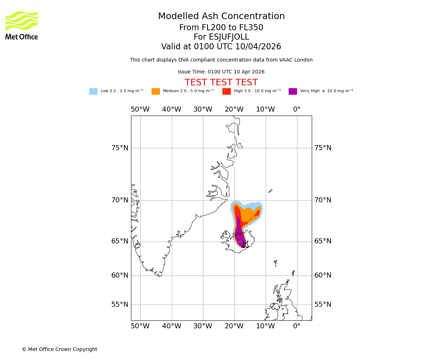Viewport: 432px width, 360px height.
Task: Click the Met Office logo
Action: (22, 25)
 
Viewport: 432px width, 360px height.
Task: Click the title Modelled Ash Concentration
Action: (221, 16)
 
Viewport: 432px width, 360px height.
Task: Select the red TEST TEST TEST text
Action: (221, 82)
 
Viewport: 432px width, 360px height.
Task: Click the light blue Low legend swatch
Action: (93, 91)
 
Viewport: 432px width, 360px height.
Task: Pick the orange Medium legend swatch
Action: (156, 91)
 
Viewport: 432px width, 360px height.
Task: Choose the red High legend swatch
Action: (226, 91)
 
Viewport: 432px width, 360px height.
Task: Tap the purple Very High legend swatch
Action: (293, 91)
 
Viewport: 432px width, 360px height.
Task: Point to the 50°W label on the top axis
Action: (140, 109)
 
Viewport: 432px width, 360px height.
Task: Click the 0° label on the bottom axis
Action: (297, 326)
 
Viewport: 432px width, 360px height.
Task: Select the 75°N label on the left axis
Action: (120, 148)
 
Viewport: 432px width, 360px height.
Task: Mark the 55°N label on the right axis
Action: (323, 305)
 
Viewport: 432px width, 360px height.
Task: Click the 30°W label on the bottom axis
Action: (203, 326)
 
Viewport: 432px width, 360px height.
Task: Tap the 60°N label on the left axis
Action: (120, 275)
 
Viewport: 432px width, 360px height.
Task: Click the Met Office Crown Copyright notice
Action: (59, 349)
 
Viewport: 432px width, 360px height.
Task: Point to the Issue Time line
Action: (221, 72)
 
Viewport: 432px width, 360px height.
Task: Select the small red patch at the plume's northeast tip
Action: (257, 213)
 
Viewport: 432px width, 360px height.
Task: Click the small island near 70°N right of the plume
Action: (270, 191)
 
